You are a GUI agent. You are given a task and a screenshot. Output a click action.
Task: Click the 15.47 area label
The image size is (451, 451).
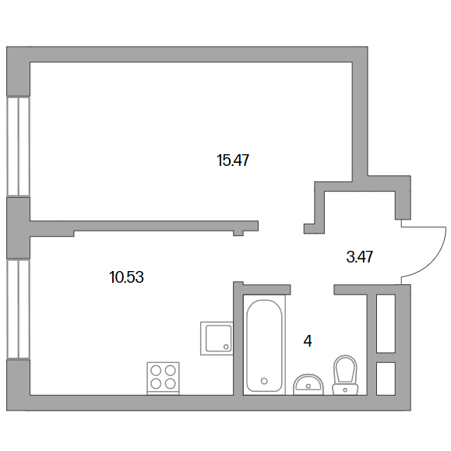(233, 160)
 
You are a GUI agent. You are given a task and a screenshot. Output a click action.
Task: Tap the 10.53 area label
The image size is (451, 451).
(126, 277)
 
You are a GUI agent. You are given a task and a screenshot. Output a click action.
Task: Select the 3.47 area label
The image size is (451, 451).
(360, 256)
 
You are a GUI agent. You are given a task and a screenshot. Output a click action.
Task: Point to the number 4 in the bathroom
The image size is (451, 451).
(308, 341)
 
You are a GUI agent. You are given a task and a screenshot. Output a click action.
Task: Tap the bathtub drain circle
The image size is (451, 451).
(264, 381)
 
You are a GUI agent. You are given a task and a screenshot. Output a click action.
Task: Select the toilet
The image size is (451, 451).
(345, 375)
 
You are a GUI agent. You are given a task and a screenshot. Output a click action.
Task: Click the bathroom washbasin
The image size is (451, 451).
(308, 385)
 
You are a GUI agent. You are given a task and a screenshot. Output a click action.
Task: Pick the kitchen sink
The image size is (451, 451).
(217, 338)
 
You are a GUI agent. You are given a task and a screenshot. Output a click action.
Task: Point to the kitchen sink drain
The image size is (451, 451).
(226, 347)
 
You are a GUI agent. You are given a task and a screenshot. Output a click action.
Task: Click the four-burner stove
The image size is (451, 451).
(163, 379)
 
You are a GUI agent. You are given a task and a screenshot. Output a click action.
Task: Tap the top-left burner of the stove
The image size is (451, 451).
(156, 371)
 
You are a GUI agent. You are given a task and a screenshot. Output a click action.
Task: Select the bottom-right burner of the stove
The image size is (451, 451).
(171, 383)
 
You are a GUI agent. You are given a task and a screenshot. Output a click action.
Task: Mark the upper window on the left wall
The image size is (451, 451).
(18, 146)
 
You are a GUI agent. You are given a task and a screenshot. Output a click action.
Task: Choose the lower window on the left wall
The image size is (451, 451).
(18, 309)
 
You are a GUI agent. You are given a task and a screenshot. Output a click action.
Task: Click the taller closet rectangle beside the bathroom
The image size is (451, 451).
(386, 323)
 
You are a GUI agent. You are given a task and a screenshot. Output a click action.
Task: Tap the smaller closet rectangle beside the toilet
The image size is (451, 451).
(386, 379)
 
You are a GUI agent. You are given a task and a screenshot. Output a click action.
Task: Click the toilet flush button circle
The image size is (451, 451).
(345, 390)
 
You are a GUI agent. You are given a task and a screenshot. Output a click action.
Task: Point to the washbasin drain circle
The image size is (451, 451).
(308, 386)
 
